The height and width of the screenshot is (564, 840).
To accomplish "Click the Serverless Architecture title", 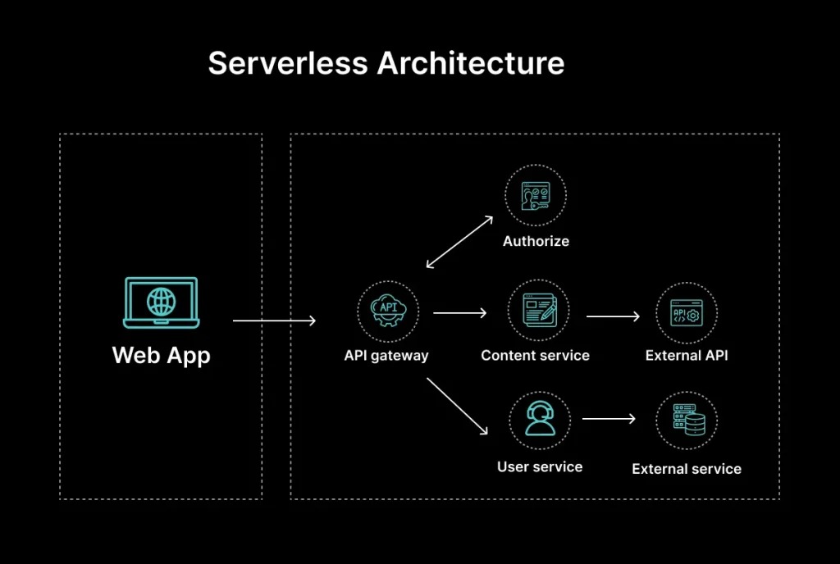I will click(386, 64).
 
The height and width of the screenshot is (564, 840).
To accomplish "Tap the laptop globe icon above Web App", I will click(161, 301).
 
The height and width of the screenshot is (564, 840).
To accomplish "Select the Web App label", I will click(161, 355).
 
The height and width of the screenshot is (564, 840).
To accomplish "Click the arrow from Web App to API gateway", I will click(274, 321).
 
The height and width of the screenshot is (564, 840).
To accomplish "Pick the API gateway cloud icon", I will click(388, 312).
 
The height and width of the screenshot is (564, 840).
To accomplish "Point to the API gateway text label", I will click(386, 356).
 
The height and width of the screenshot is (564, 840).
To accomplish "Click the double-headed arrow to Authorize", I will click(460, 242).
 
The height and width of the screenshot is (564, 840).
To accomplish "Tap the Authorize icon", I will click(536, 196).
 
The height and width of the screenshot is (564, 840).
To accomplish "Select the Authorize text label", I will click(536, 241).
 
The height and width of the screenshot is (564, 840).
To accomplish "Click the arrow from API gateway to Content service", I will click(460, 312).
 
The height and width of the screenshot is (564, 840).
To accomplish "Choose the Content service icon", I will click(536, 312).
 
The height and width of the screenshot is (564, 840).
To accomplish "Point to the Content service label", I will click(535, 356).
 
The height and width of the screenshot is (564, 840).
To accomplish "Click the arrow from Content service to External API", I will click(613, 316).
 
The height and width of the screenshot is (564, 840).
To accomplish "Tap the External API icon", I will click(687, 314).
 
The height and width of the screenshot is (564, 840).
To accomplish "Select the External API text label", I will click(687, 356).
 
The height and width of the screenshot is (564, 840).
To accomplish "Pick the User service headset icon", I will click(539, 420).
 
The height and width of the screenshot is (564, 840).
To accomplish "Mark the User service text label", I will click(539, 466).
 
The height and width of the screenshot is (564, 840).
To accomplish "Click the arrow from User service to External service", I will click(609, 419).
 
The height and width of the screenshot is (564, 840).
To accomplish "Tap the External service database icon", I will click(687, 421).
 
